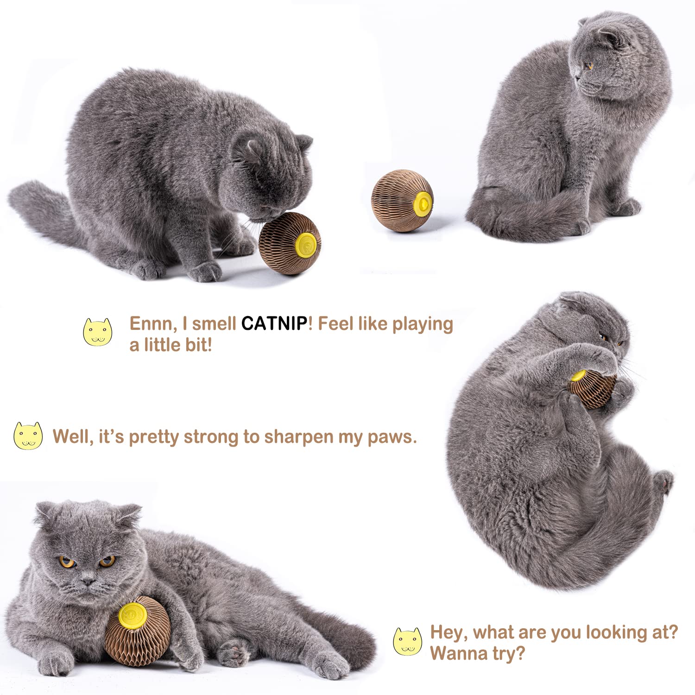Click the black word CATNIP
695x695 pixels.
click(274, 323)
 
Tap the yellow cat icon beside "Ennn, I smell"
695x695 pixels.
click(97, 332)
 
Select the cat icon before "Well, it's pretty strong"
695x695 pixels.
click(28, 436)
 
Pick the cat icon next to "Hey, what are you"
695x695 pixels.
click(408, 642)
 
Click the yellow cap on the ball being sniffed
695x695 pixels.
click(306, 245)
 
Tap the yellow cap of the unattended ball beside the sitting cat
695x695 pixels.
click(423, 202)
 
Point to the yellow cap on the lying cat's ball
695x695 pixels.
click(133, 614)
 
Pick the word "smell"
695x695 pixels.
click(214, 323)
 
